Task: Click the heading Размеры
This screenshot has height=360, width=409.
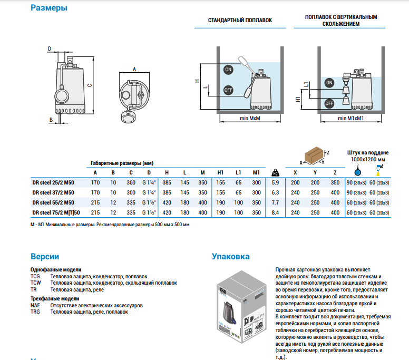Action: pos(49,8)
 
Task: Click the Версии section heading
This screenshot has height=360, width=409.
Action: pos(45,257)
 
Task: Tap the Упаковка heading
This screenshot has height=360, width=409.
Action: pos(230,257)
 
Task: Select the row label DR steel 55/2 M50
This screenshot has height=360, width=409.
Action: pos(53,202)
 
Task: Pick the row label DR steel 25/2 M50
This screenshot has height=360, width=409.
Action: pos(53,182)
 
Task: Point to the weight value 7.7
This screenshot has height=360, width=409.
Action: pos(275,202)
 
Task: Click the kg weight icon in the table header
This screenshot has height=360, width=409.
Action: pos(275,172)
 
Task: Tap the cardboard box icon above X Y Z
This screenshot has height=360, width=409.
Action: pos(314,154)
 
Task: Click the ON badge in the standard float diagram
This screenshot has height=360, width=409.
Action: pos(228,70)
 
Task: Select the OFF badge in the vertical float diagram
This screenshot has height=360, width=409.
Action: pos(329,103)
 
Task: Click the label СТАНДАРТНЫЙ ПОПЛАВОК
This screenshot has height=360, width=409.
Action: pos(240,21)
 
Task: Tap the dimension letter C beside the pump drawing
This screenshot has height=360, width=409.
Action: pos(90,86)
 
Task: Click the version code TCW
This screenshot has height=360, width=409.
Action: pos(35,283)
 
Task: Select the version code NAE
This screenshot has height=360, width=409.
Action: pos(35,305)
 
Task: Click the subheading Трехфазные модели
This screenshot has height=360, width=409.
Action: pos(55,298)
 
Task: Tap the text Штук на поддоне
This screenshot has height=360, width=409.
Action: pos(367,152)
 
